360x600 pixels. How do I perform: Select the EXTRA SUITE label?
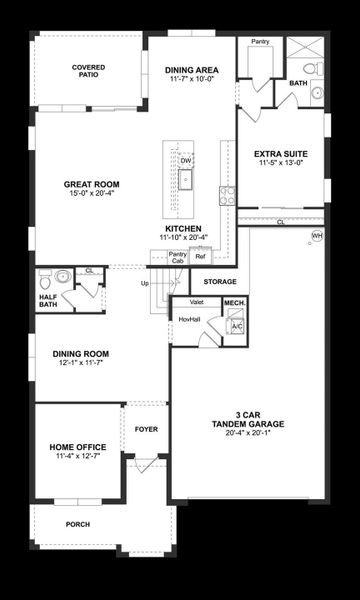tap(280, 153)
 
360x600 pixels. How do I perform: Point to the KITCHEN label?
tap(182, 229)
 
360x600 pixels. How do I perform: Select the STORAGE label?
tap(219, 282)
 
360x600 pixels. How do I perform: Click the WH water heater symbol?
tap(317, 236)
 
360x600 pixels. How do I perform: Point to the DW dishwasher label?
tap(186, 159)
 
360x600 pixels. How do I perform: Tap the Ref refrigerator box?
tap(200, 257)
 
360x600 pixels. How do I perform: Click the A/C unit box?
tap(236, 326)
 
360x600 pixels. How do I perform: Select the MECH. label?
tap(235, 301)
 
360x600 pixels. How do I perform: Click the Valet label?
tap(197, 301)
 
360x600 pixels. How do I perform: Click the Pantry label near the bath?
tap(261, 42)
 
